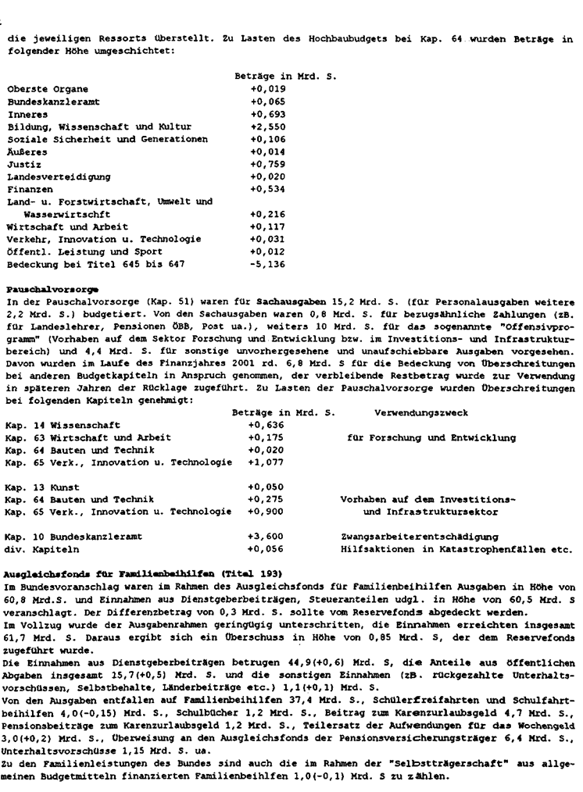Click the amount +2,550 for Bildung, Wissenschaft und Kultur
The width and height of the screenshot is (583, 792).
tap(266, 127)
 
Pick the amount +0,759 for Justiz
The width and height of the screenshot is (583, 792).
tap(266, 164)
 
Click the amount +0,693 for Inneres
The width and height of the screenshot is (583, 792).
tap(266, 115)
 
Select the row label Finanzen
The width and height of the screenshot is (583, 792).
tap(31, 189)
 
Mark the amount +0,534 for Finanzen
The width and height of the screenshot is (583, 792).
tap(266, 189)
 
